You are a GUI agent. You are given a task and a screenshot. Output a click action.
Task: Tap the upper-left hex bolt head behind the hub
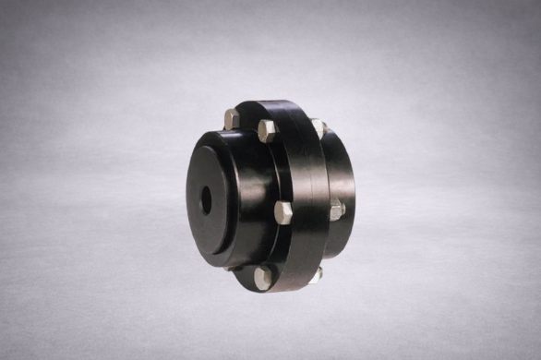[x=231, y=118]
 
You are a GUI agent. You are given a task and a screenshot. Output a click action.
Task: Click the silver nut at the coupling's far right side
[x=337, y=210]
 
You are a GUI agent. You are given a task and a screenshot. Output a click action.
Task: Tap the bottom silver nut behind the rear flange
[x=315, y=274]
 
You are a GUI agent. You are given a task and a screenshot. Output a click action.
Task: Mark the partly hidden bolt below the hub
[x=236, y=269]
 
